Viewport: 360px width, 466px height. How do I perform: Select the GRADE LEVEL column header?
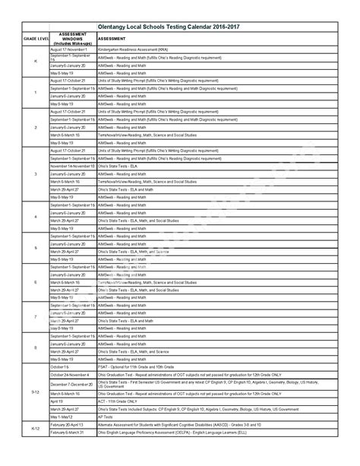(x=36, y=37)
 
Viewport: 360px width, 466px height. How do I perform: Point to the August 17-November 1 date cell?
(x=70, y=49)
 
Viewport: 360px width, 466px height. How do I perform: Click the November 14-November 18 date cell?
(x=73, y=166)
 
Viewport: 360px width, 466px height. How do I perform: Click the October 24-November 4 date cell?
(x=70, y=375)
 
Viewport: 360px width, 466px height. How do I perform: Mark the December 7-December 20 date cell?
(x=71, y=385)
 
